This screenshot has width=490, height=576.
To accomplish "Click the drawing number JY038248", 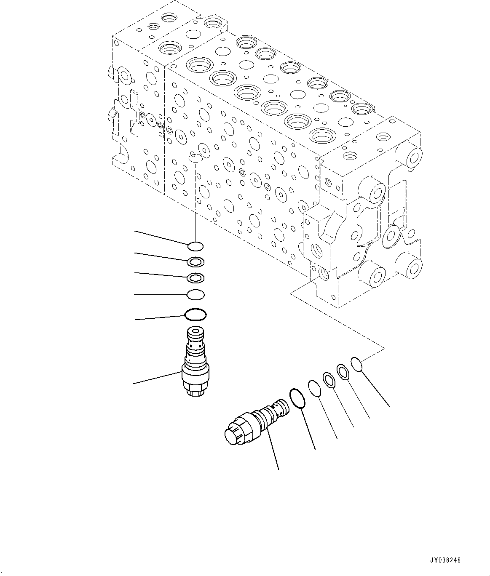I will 445,560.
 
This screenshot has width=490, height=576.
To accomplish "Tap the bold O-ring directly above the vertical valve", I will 195,314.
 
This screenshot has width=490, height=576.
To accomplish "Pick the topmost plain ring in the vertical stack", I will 195,245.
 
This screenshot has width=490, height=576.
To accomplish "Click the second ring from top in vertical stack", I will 195,262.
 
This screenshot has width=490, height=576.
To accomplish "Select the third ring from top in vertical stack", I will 195,278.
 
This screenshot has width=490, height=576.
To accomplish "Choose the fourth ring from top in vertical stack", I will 195,295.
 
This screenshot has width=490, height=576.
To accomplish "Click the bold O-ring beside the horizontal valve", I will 297,398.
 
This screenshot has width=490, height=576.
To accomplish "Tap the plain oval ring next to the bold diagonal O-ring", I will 315,388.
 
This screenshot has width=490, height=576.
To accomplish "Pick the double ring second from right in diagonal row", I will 343,372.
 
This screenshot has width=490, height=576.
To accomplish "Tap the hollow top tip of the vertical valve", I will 195,333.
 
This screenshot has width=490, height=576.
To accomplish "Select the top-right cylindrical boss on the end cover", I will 413,156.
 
